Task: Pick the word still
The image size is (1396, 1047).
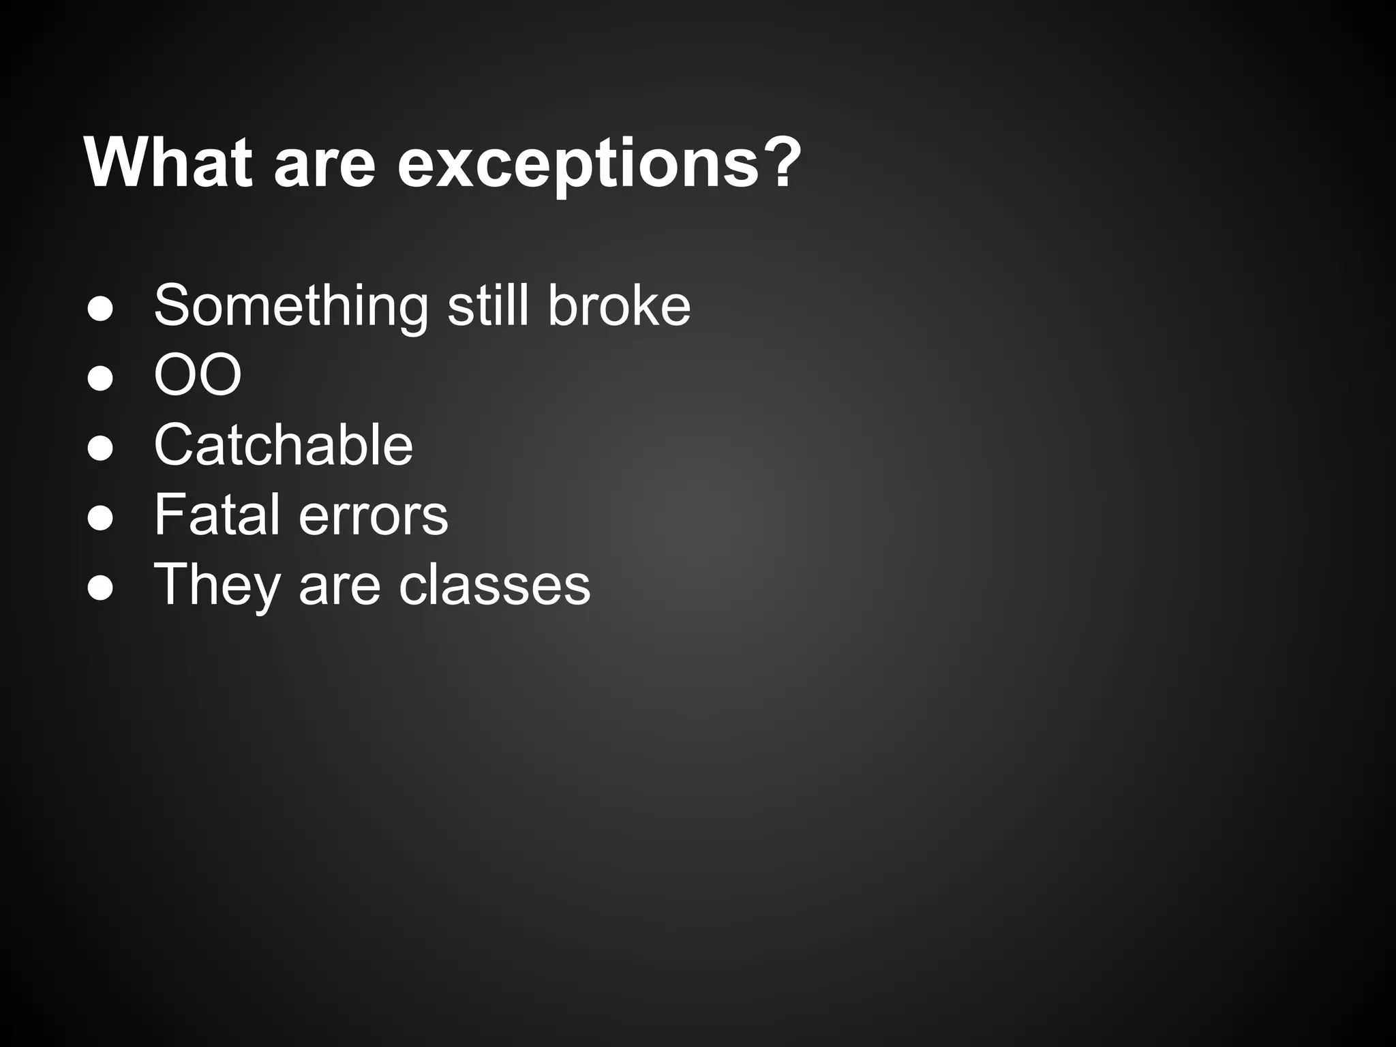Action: point(488,305)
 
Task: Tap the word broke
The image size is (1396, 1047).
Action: point(619,305)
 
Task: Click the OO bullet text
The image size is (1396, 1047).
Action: point(198,375)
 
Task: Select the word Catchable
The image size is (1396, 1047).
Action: point(284,444)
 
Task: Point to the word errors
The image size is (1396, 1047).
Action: point(374,516)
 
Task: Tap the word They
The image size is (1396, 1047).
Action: point(217,585)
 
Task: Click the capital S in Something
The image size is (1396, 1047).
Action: point(171,305)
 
